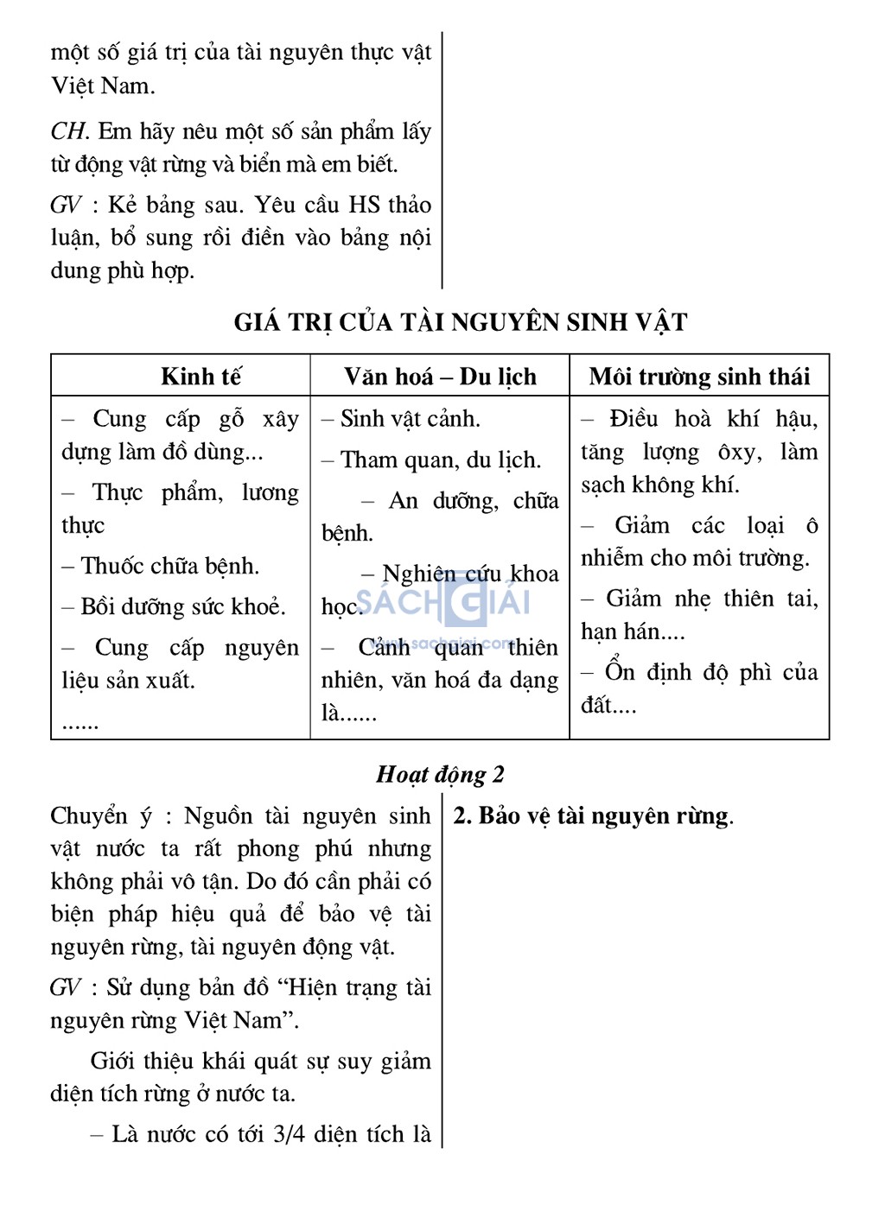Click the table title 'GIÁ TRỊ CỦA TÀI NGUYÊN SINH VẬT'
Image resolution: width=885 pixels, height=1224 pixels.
click(x=461, y=322)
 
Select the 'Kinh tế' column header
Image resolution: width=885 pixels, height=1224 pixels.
click(x=201, y=377)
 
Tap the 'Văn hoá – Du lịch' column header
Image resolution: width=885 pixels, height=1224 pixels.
click(x=440, y=377)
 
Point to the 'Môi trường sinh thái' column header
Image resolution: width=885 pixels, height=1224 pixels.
click(x=699, y=377)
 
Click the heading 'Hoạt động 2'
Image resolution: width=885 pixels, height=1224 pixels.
click(x=440, y=774)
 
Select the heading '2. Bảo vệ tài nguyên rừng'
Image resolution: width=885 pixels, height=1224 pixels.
click(x=593, y=815)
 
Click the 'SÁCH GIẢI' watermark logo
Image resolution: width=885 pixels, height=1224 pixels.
click(x=443, y=601)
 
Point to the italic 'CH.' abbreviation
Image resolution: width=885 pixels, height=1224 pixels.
click(x=69, y=131)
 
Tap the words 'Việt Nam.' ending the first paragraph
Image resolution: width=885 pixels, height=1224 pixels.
click(x=103, y=86)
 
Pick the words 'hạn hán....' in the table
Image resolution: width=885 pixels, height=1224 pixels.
click(x=633, y=631)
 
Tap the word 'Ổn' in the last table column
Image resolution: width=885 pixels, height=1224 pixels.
click(x=620, y=672)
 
